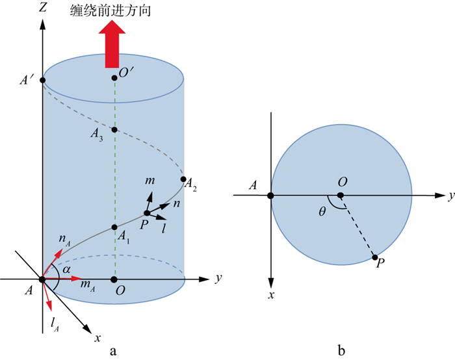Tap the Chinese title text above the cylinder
(115, 10)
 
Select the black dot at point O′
(114, 78)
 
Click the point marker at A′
(42, 80)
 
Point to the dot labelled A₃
(114, 130)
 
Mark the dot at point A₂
(184, 179)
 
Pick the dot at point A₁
(114, 227)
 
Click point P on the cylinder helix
(147, 213)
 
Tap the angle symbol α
(65, 268)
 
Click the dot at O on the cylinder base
(114, 279)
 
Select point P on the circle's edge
(375, 257)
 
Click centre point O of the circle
(341, 194)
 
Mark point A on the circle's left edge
(270, 194)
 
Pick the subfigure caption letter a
(114, 352)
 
